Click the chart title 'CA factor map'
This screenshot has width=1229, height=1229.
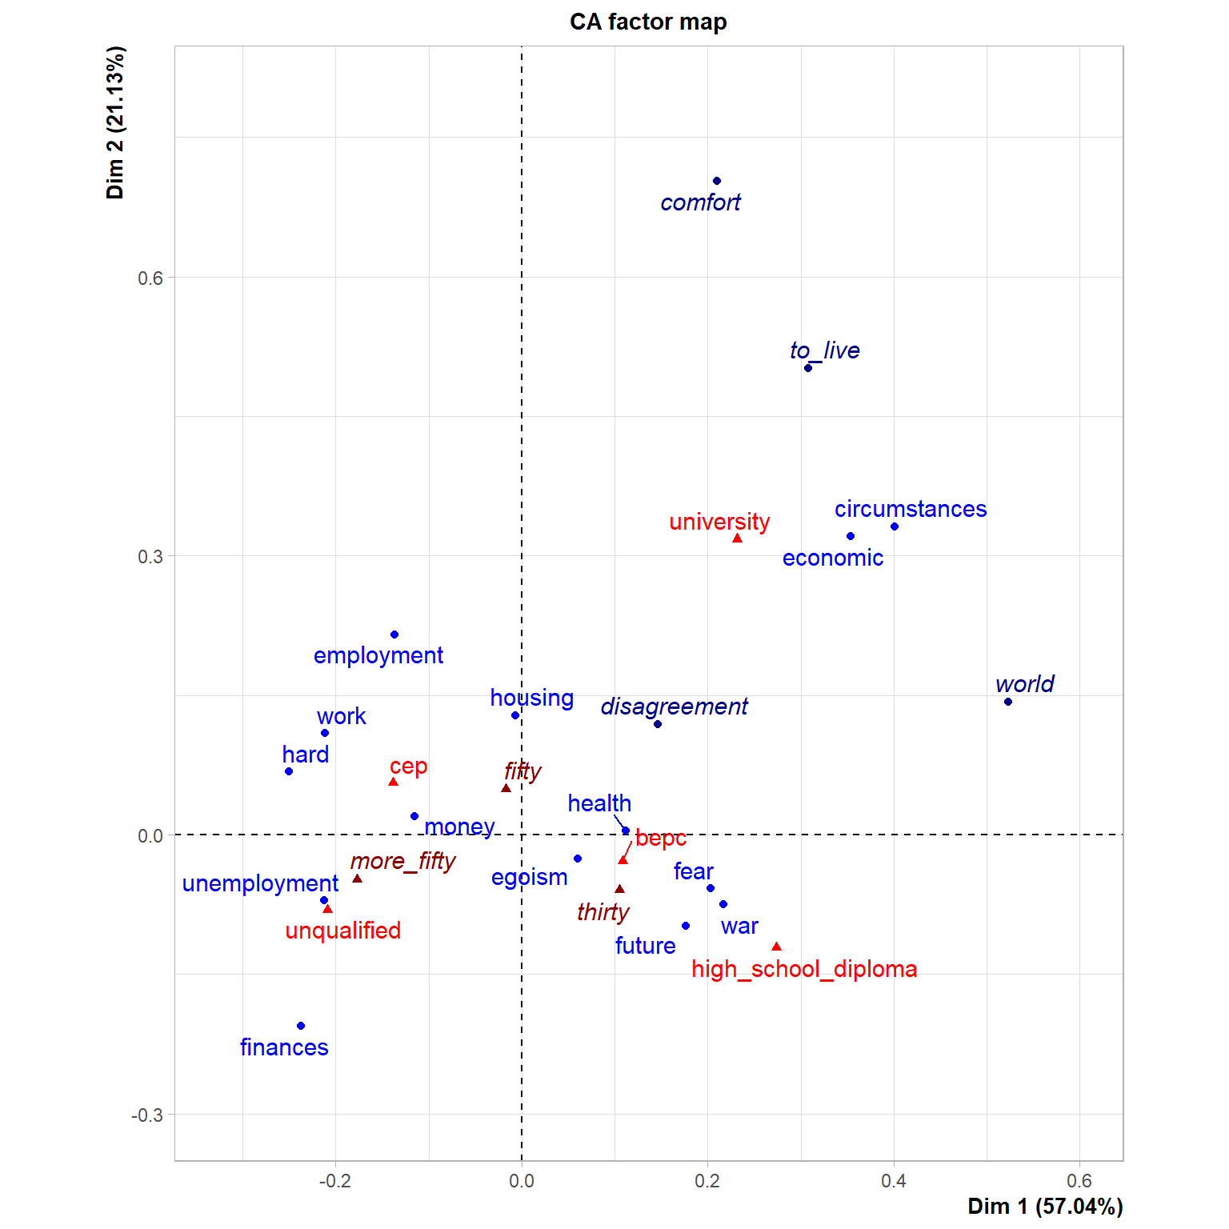coord(648,22)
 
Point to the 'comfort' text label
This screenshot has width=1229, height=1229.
coord(700,202)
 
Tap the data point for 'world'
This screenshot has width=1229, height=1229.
coord(1008,702)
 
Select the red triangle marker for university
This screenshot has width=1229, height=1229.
coord(737,538)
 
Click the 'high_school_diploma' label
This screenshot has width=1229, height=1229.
coord(804,969)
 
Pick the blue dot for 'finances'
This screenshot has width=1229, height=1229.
coord(301,1026)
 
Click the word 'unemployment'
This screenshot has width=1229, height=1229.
coord(260,884)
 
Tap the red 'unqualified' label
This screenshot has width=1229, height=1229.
coord(343,931)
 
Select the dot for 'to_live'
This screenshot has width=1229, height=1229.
coord(808,368)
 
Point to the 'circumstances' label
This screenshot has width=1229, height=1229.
coord(911,509)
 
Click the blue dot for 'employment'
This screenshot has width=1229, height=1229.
coord(394,635)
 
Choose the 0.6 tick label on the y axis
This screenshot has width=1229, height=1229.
coord(150,278)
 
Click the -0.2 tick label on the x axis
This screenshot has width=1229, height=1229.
coord(335,1181)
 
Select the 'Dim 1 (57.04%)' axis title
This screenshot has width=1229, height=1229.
coord(1045,1207)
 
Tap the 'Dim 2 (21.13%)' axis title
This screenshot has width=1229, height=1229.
coord(115,122)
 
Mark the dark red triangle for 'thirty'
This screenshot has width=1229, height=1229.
coord(619,889)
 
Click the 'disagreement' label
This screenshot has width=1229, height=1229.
coord(674,707)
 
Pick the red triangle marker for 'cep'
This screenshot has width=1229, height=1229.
coord(393,782)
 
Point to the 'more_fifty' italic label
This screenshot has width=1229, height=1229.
coord(402,861)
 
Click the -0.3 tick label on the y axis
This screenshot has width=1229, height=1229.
coord(147,1115)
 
